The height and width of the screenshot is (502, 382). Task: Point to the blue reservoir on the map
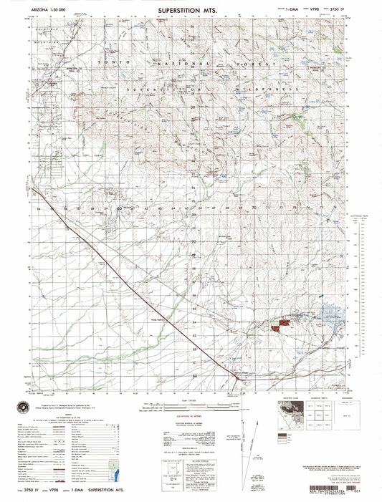pyautogui.click(x=330, y=313)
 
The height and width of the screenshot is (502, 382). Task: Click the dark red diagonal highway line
pyautogui.click(x=143, y=286)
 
